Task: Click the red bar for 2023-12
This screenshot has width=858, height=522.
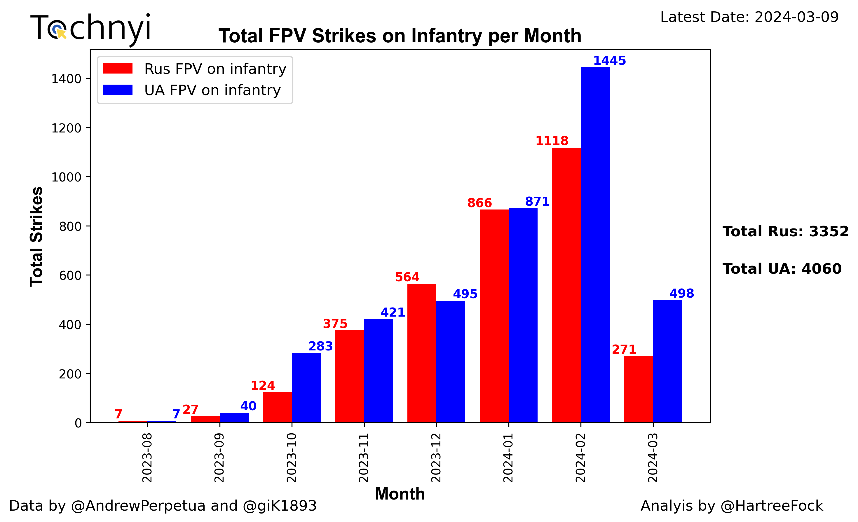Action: click(422, 353)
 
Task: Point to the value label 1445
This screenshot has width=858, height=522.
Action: click(609, 61)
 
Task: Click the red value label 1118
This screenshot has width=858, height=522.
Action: click(552, 141)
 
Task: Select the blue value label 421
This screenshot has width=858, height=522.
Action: click(393, 312)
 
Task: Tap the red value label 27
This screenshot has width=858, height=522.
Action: click(191, 410)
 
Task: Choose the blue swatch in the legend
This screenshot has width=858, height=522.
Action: click(118, 90)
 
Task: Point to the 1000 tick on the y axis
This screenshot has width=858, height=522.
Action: click(66, 177)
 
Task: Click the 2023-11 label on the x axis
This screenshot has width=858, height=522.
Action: click(364, 458)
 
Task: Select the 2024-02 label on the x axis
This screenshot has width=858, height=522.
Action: click(580, 458)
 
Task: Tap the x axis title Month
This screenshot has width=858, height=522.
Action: click(400, 494)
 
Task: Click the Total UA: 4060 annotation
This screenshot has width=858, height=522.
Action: click(782, 269)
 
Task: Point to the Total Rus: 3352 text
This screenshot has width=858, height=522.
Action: click(785, 232)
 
